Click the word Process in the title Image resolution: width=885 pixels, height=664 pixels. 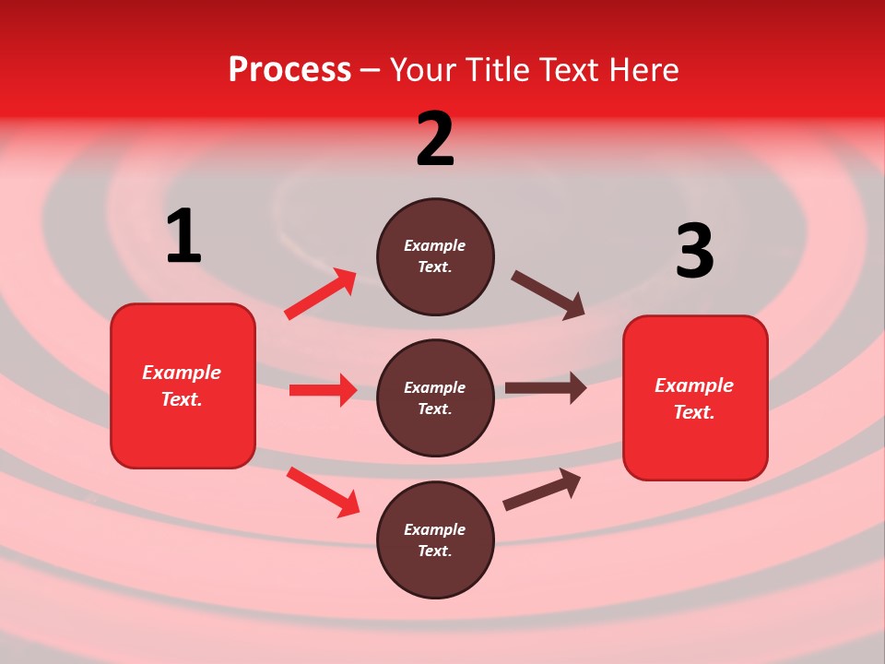(x=289, y=70)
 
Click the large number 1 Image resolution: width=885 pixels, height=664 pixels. (x=183, y=237)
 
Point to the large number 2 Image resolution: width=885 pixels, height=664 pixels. (x=435, y=139)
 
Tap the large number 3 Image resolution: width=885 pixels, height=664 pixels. (x=694, y=252)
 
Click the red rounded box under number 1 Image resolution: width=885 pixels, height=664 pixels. (x=183, y=385)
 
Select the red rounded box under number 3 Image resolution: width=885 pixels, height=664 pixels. (x=695, y=397)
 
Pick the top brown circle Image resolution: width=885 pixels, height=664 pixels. (x=435, y=256)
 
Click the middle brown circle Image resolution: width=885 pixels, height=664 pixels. (x=435, y=397)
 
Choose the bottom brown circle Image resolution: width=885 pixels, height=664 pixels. (x=435, y=539)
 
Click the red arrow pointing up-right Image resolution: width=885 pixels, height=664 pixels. (x=320, y=294)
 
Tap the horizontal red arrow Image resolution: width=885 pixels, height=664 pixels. (x=323, y=390)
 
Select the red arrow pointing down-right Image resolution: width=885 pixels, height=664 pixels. (x=323, y=492)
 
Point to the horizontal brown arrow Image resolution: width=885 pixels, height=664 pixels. (x=546, y=388)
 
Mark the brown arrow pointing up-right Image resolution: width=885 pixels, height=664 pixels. (x=542, y=489)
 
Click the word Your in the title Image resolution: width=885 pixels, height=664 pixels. (x=421, y=70)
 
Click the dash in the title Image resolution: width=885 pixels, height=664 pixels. (x=370, y=70)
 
